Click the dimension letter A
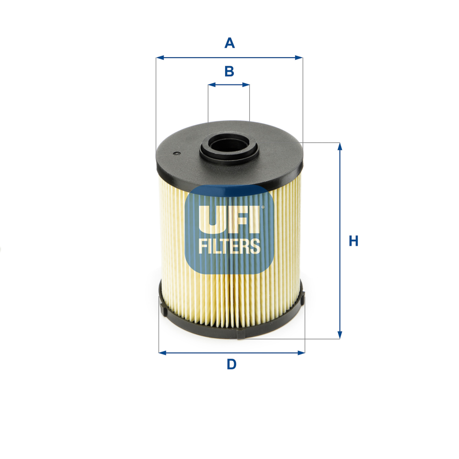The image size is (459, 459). (x=229, y=43)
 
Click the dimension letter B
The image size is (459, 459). (x=229, y=71)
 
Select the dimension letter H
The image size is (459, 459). (x=354, y=241)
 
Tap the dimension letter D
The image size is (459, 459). (x=231, y=365)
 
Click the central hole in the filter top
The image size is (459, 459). (x=229, y=146)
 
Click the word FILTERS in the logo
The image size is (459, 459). (x=230, y=246)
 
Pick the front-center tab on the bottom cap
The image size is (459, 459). (x=242, y=335)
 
